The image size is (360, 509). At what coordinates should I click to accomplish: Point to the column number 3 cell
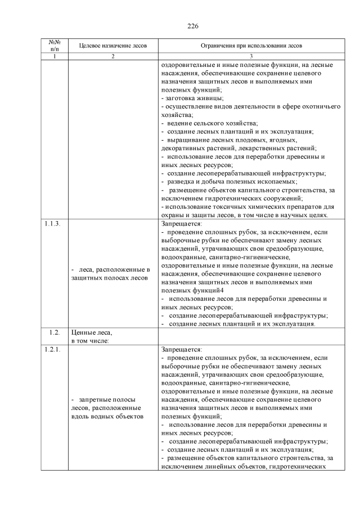point(251,57)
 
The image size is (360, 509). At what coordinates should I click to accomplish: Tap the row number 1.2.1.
point(52,349)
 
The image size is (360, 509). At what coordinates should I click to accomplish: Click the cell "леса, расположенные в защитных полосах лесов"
point(111,274)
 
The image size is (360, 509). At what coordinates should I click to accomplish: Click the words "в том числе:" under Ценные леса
point(90,340)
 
